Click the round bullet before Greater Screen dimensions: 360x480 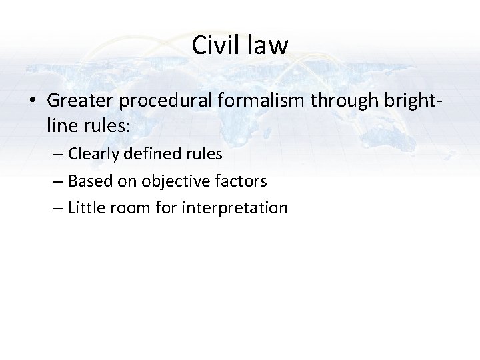[33, 101]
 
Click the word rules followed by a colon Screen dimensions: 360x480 [101, 125]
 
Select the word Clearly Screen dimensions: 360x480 [93, 154]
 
